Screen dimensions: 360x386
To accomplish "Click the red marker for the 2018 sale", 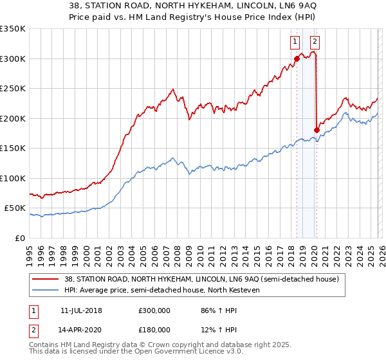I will click(x=297, y=59).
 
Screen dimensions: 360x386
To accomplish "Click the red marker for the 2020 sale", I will click(x=317, y=130).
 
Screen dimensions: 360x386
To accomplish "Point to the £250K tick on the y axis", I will click(x=13, y=89).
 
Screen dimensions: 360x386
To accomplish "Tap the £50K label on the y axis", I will click(x=15, y=208).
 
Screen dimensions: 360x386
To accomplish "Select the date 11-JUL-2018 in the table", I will click(x=81, y=310).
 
